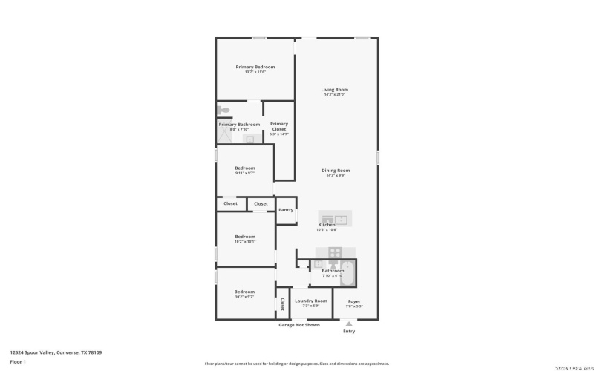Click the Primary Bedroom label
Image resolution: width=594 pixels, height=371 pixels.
pos(255,67)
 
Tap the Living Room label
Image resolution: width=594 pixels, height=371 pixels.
pos(334,90)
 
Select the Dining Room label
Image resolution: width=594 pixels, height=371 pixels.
pos(336,171)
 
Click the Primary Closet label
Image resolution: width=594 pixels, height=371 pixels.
pos(279,126)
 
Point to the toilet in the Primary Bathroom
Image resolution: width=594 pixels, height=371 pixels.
pos(223,110)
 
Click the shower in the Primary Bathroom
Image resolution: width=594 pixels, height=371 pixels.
pos(225,135)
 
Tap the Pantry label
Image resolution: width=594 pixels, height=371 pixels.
pos(286,210)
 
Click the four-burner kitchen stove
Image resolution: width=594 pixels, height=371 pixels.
pos(335,252)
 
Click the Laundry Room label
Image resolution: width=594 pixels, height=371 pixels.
pos(310,301)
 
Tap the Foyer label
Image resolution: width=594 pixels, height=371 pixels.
pos(354,301)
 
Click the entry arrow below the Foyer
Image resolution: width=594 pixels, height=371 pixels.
pos(348,324)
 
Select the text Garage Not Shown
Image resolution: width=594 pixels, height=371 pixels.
pos(299,325)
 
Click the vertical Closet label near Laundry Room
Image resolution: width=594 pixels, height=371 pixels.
pos(282,303)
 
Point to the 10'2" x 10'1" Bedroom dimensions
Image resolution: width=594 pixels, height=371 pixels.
pos(245,242)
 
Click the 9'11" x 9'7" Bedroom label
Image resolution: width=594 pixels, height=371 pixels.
pos(245,168)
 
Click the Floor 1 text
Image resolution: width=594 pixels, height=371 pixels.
pos(18,361)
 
